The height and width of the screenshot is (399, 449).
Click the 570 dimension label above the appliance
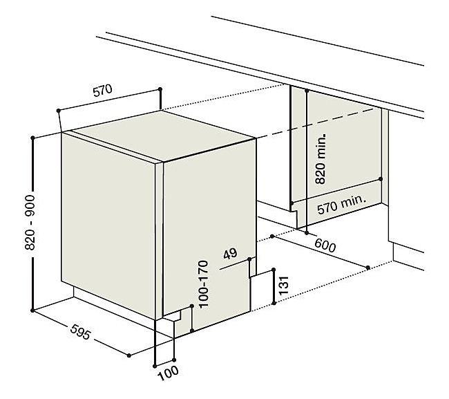102,90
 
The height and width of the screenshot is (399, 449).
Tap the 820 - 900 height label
30,223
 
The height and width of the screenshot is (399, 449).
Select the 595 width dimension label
80,332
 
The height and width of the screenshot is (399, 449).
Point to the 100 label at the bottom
168,373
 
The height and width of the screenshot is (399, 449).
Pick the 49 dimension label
230,254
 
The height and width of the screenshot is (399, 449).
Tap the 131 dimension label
284,286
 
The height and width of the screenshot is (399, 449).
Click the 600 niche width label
325,245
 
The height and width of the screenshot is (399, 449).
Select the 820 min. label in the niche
320,158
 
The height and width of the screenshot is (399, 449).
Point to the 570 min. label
342,205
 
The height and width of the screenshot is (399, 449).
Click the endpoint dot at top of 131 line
274,270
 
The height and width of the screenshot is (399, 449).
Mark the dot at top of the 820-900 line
32,138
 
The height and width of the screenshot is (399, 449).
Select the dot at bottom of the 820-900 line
32,310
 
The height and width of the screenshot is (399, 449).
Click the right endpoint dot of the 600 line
368,268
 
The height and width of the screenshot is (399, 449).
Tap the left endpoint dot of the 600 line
272,236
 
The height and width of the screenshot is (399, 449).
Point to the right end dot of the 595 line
129,355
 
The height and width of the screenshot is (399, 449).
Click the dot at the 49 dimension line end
249,259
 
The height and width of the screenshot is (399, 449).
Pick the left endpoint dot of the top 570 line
59,111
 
